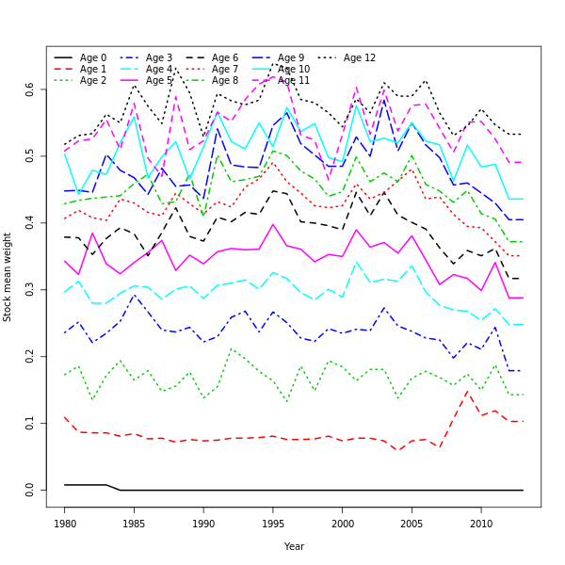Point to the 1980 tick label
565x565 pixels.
(x=65, y=523)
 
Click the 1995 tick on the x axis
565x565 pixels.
(x=273, y=523)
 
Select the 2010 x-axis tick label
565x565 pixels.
(x=481, y=523)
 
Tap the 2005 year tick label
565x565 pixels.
(x=412, y=523)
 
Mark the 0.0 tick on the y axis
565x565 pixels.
(x=30, y=490)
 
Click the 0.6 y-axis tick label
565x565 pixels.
(x=30, y=89)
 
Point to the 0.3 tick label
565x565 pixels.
(x=30, y=289)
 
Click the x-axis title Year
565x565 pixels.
(x=294, y=546)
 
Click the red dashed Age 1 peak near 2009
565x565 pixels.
(x=467, y=391)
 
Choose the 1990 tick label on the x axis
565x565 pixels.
(x=203, y=523)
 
